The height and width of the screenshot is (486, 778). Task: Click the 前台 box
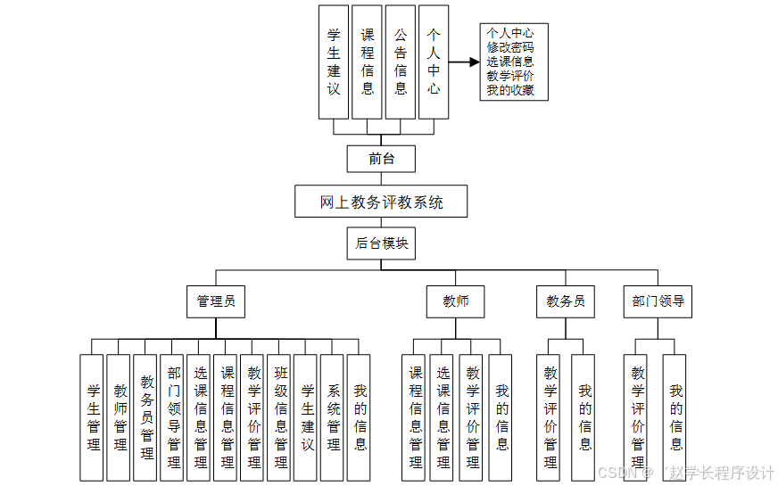[381, 159]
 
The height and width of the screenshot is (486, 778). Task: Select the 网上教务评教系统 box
[382, 202]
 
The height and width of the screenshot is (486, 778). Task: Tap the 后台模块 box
[381, 243]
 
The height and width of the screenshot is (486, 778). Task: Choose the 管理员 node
[216, 301]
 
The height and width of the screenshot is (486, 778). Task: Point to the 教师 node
[456, 301]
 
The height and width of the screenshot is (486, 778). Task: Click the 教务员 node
[566, 301]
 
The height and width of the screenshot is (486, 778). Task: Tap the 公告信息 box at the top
[401, 62]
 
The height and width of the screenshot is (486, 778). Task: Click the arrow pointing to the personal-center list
[464, 62]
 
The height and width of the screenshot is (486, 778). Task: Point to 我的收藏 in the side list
[510, 90]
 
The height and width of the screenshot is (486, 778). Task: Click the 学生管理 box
[93, 417]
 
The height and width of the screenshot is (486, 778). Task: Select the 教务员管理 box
[146, 417]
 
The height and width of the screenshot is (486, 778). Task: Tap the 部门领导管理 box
[173, 417]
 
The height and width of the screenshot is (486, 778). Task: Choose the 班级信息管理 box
[280, 417]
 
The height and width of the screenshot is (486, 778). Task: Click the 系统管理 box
[333, 417]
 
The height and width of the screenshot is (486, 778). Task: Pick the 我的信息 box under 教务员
[584, 417]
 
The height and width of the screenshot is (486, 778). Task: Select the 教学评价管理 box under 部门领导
[637, 417]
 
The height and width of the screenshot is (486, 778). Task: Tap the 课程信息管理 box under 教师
[416, 417]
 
